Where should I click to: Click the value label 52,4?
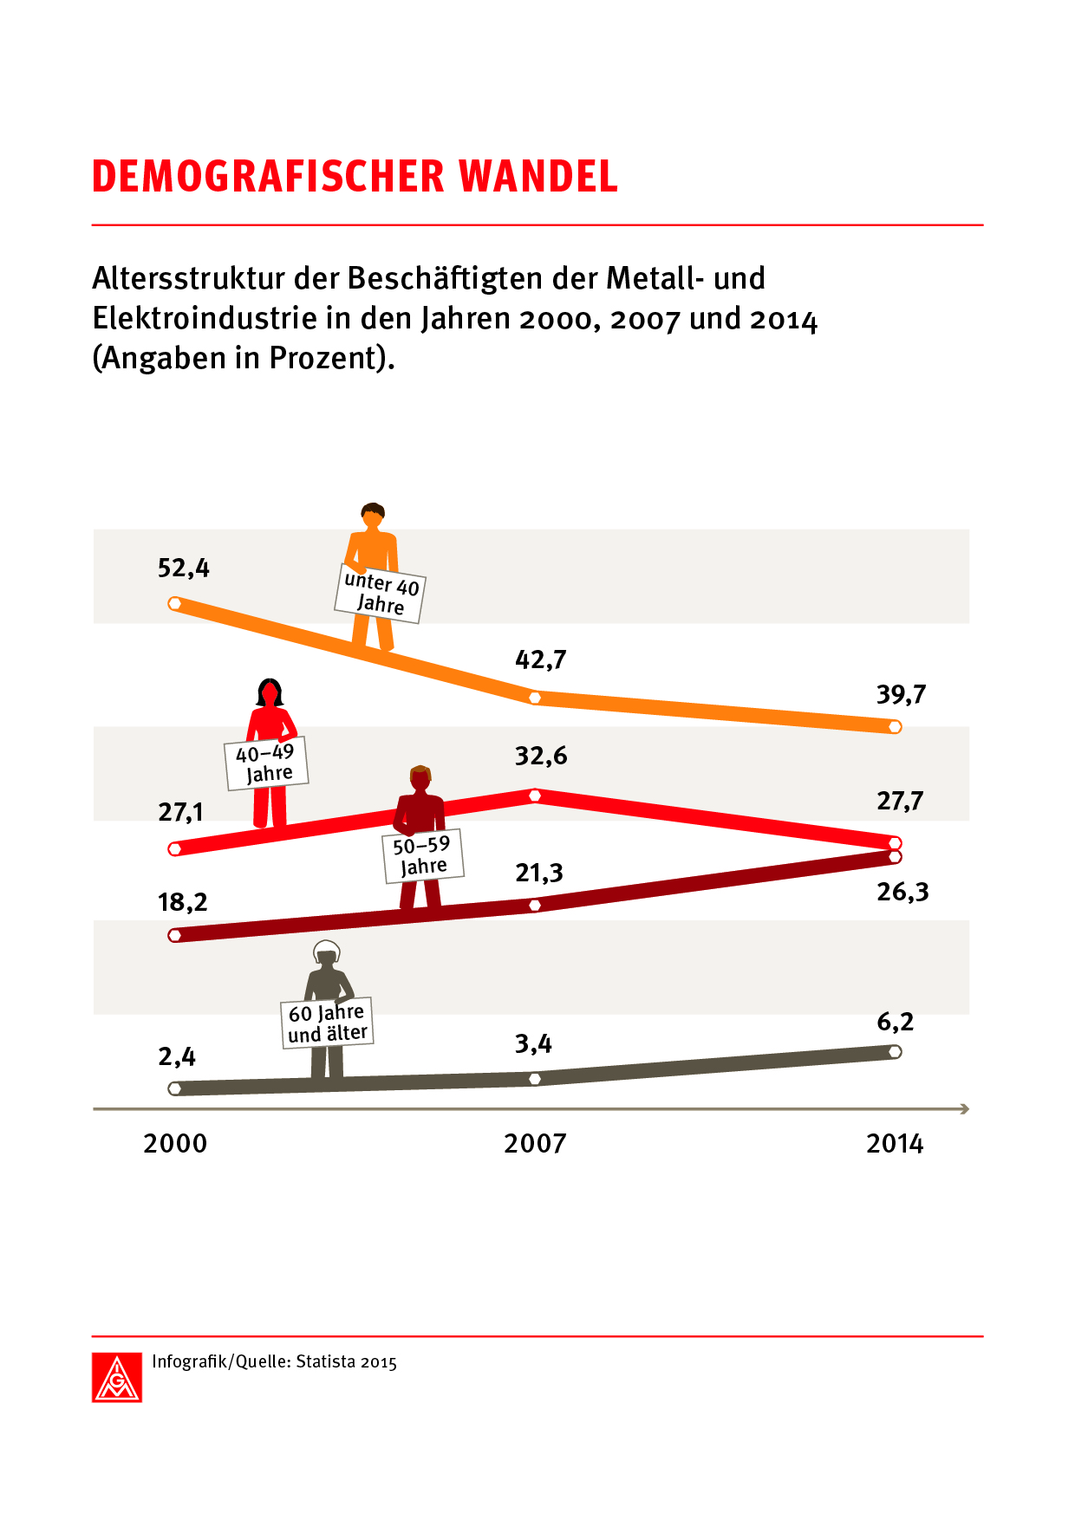coord(183,568)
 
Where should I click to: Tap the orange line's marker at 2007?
coord(535,698)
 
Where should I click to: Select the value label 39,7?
coord(901,694)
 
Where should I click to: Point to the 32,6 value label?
coord(541,756)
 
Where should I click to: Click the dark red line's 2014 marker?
coord(896,857)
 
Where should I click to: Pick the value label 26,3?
coord(902,892)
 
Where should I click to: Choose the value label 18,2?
coord(183,902)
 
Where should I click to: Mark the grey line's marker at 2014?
coord(896,1052)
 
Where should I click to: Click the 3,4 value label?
coord(533,1043)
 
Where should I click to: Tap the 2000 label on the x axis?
coord(175,1144)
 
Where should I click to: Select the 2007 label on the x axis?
coord(535,1144)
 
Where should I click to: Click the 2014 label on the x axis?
coord(895,1144)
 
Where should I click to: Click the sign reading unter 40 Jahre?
coord(381,594)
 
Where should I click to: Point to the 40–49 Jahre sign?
coord(267,763)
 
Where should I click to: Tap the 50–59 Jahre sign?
coord(423,856)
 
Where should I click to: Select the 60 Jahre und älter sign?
coord(328,1023)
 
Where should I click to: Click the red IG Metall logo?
coord(117,1377)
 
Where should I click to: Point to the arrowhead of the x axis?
coord(965,1108)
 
